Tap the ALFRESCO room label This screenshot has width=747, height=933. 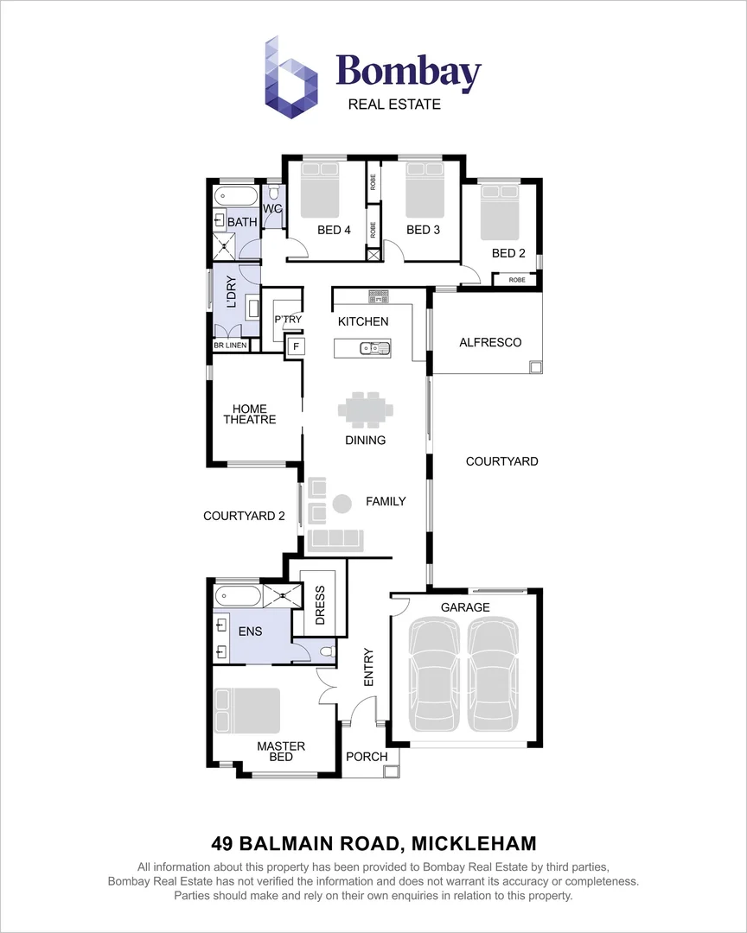pos(490,343)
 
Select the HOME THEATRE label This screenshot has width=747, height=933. pos(250,415)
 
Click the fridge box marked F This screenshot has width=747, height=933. pos(296,346)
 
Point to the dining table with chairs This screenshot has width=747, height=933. pos(365,409)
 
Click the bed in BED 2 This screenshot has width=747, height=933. pos(499,213)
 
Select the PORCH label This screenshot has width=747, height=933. pos(367,757)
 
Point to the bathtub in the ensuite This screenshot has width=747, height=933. pos(236,594)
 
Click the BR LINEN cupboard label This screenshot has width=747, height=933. pos(231,346)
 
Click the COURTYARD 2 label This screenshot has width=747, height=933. pos(244,517)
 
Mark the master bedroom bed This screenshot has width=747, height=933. pos(247,710)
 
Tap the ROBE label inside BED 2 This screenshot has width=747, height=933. pos(516,280)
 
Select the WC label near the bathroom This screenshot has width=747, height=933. pos(272,210)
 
